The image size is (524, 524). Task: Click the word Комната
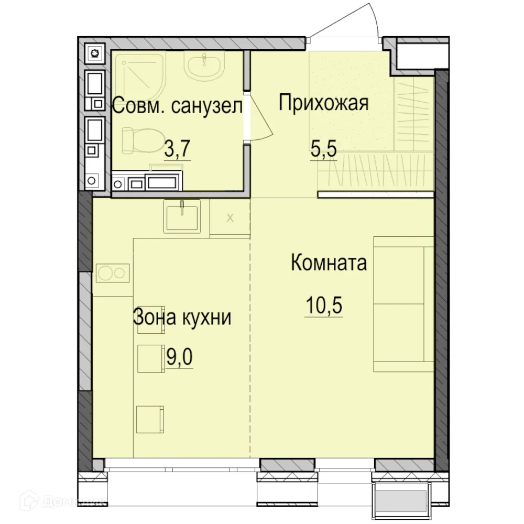[x=329, y=263]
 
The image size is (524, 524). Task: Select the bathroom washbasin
[x=204, y=66]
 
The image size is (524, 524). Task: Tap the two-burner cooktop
[x=112, y=273]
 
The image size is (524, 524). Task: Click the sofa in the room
[x=403, y=304]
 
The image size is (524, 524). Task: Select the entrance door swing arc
[x=367, y=21]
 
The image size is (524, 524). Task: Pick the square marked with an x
[x=230, y=217]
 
